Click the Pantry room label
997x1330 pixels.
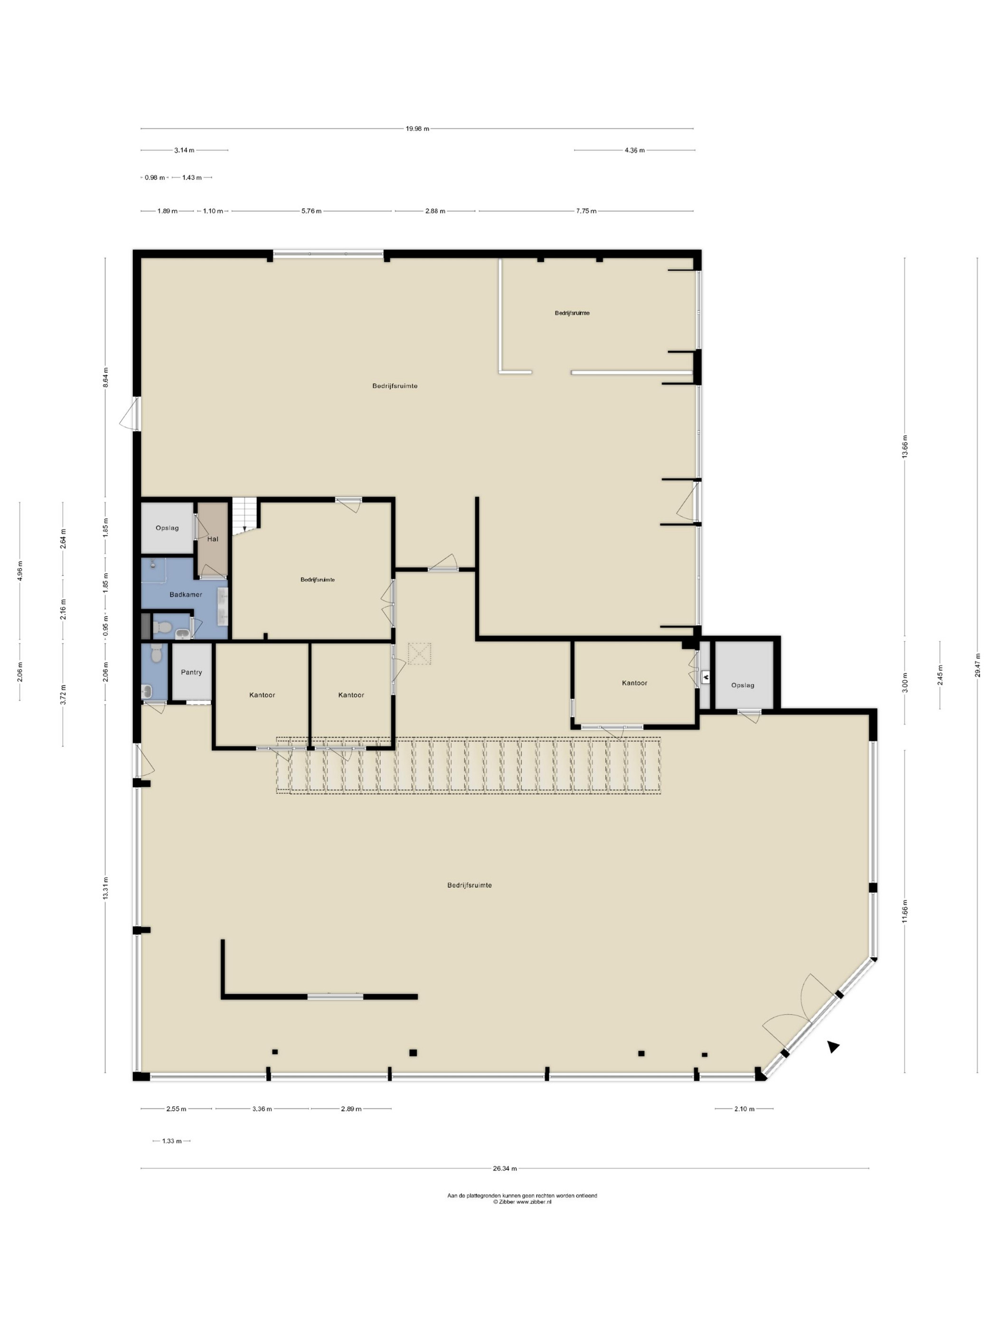[x=191, y=672]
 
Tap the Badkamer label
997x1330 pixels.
[x=186, y=595]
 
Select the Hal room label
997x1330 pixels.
[x=213, y=539]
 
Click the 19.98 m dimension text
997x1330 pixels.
[x=417, y=129]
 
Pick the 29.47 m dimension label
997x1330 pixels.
[x=977, y=665]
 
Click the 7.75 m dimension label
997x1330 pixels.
[x=586, y=211]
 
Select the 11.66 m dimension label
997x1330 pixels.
[x=905, y=910]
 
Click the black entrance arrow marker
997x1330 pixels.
[x=833, y=1047]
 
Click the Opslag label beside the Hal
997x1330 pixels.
[x=167, y=528]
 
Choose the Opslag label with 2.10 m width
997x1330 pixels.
[x=743, y=685]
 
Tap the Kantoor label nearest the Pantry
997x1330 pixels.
[x=262, y=694]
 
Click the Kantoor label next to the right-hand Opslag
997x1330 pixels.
[x=635, y=683]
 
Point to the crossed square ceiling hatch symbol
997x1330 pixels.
[x=420, y=654]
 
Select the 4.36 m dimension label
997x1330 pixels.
[x=635, y=150]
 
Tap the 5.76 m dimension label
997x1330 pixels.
[x=311, y=211]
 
